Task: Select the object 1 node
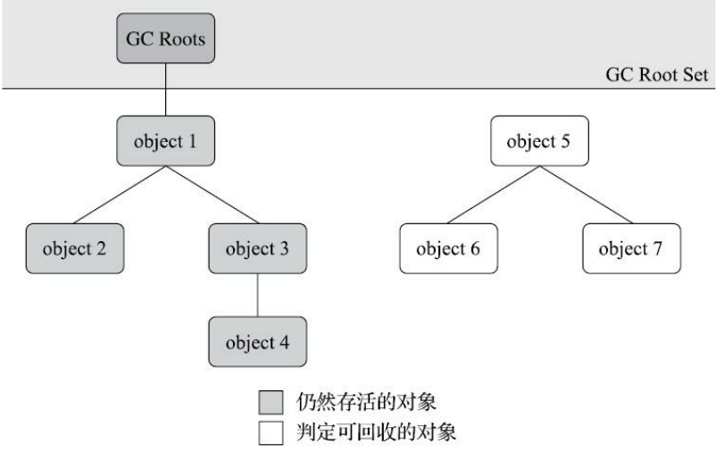point(167,140)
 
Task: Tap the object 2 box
point(74,247)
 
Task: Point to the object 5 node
point(539,140)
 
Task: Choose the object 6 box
point(447,247)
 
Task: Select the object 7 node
point(631,247)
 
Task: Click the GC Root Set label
point(656,75)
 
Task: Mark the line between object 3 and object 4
point(258,295)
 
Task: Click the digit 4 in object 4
point(287,341)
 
